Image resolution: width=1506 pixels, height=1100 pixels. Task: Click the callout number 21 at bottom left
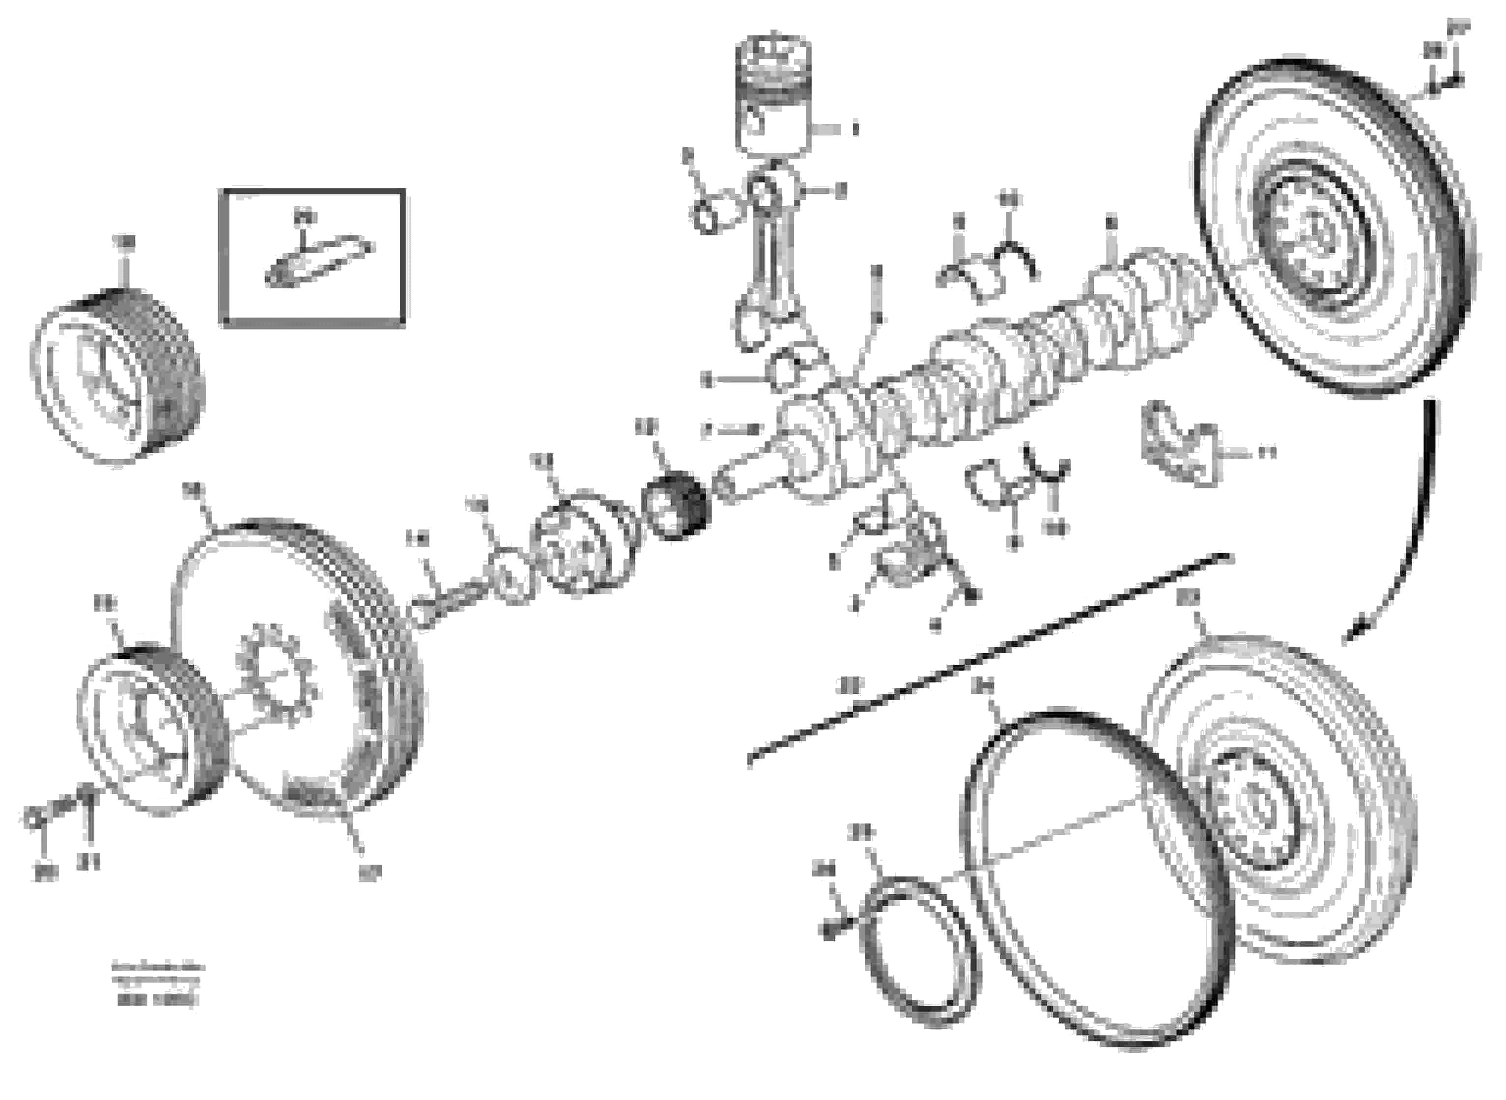click(87, 863)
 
